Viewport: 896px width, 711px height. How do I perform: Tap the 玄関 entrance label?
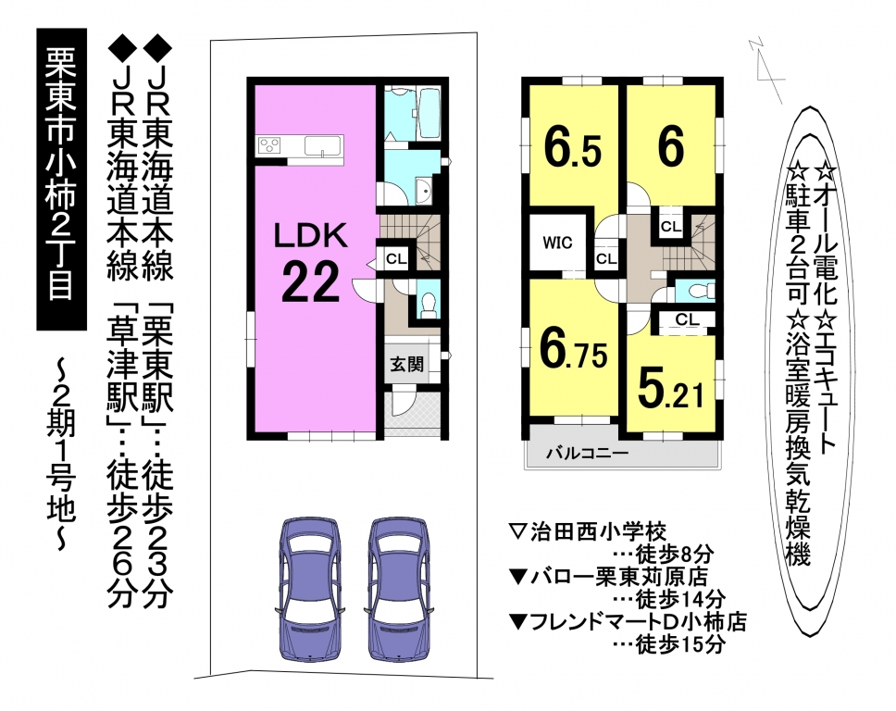(407, 364)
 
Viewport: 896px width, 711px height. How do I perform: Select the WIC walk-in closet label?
(557, 243)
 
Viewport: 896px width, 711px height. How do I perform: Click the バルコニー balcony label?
(587, 454)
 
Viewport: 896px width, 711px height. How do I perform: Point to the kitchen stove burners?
(269, 144)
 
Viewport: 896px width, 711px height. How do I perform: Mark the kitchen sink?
(323, 145)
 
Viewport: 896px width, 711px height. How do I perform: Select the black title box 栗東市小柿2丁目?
(62, 179)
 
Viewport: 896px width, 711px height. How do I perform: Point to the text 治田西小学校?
(598, 532)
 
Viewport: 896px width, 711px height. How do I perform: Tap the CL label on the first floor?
(396, 259)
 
